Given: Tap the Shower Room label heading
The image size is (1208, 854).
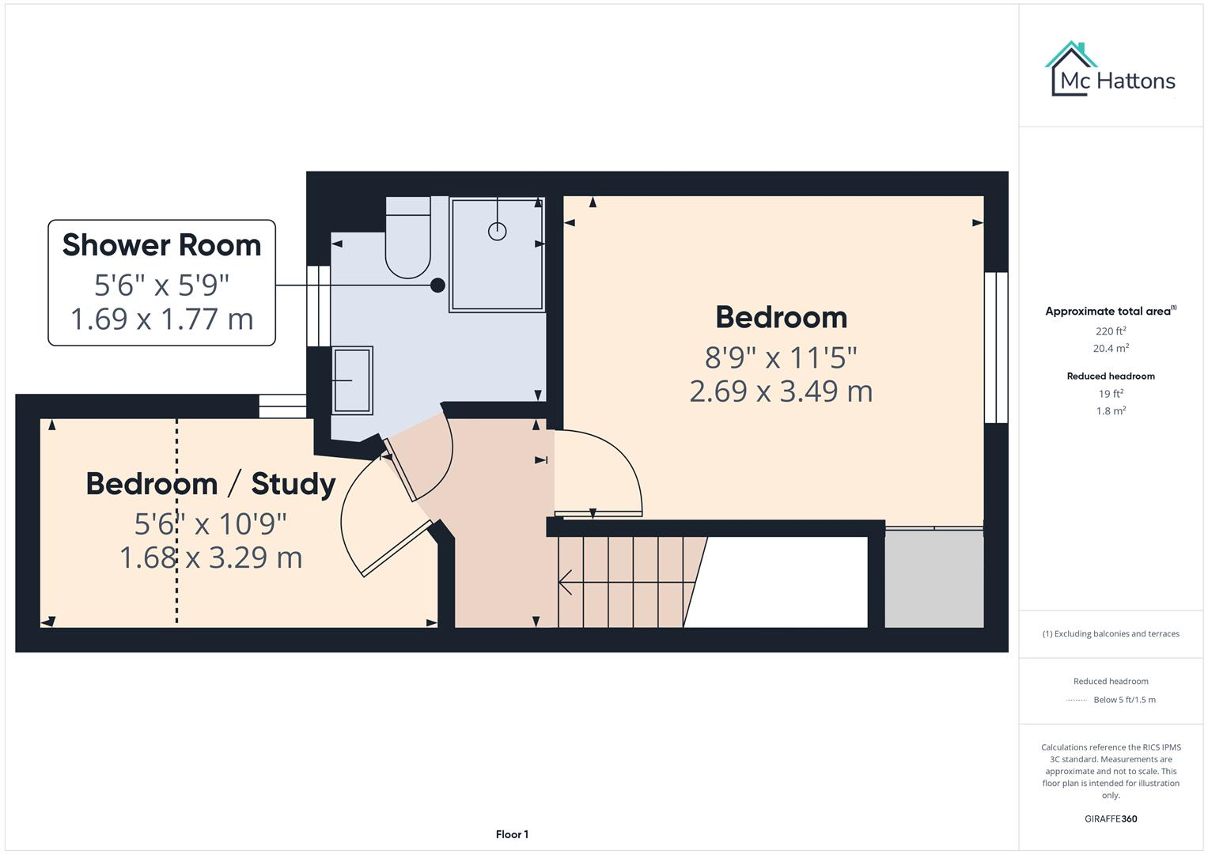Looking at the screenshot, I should pos(161,245).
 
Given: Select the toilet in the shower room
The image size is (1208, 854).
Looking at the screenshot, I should pos(407,241).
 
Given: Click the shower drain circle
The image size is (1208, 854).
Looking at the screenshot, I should pos(497,231).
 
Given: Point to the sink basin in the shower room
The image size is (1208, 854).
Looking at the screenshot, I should pos(352,380).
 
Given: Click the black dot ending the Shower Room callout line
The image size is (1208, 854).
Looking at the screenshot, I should pos(437,285).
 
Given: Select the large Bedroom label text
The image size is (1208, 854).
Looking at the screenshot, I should pos(781,317).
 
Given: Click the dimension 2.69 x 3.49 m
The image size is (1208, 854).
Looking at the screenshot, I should pos(781,391).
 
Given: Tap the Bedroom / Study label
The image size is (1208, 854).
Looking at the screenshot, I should pos(210,483).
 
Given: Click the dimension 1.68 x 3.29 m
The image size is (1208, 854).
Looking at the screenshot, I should pos(210,557).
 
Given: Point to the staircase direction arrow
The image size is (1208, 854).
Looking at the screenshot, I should pos(566,583).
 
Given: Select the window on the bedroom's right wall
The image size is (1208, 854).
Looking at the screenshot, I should pos(996,348).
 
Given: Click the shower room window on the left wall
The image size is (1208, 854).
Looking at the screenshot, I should pos(317,306).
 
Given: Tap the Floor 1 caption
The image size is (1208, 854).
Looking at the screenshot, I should pos(512,834).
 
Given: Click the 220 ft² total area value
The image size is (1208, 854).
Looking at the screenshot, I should pos(1110,331).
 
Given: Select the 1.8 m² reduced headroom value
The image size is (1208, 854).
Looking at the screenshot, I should pos(1110,411).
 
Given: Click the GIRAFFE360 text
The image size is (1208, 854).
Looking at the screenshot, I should pos(1110,818).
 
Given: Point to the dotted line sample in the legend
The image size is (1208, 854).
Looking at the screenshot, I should pos(1076,700).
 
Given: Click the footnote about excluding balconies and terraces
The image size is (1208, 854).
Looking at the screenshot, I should pos(1110,633).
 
